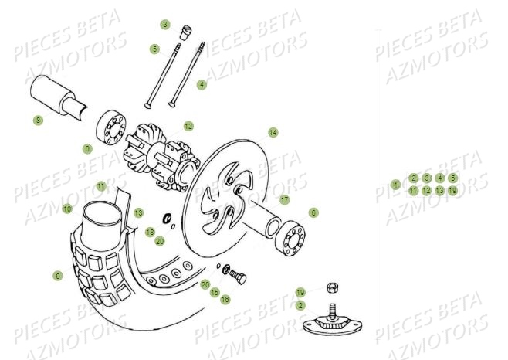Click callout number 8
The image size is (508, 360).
[38, 121]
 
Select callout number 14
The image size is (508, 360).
[273, 132]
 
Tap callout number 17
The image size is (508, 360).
[285, 199]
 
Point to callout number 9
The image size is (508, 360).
[57, 276]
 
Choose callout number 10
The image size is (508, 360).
[67, 209]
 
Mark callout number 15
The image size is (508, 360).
[215, 292]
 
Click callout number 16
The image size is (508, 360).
[225, 299]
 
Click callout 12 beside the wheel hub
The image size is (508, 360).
[188, 125]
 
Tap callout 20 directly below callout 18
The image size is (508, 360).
[160, 241]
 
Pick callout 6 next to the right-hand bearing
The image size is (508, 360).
[313, 212]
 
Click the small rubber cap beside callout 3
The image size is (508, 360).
[186, 32]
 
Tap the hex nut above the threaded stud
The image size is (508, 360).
[332, 288]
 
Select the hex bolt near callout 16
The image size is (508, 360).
[239, 276]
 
